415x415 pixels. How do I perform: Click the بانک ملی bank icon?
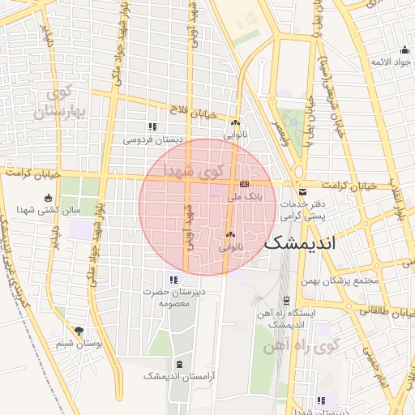(x=244, y=185)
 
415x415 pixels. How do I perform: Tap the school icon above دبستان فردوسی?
(x=152, y=126)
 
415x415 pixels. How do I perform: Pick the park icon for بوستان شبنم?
(x=79, y=331)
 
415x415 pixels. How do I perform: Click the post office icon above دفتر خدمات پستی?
(x=302, y=192)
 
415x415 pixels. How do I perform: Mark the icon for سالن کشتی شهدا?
(x=48, y=198)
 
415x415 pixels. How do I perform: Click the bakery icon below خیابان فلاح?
(x=235, y=123)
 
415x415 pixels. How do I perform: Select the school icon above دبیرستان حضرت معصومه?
(x=172, y=280)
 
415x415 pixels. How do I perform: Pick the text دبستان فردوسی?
(x=153, y=139)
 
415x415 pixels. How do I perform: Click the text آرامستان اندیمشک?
(x=175, y=376)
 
